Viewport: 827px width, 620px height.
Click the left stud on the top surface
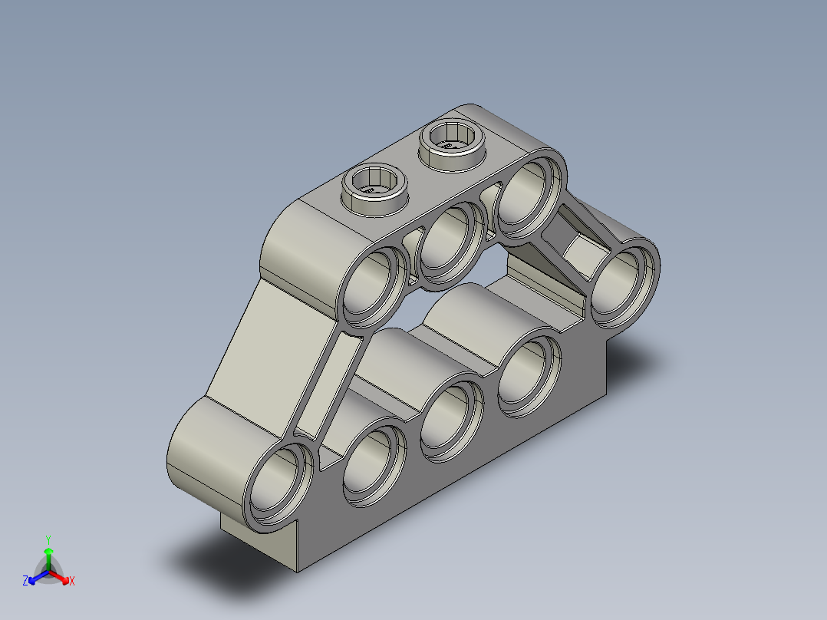[x=374, y=186]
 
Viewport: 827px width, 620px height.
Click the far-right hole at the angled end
[x=622, y=282]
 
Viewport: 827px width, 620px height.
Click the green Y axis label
[x=48, y=539]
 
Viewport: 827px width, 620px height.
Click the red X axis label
[x=71, y=581]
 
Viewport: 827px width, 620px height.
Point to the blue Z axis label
[x=25, y=581]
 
